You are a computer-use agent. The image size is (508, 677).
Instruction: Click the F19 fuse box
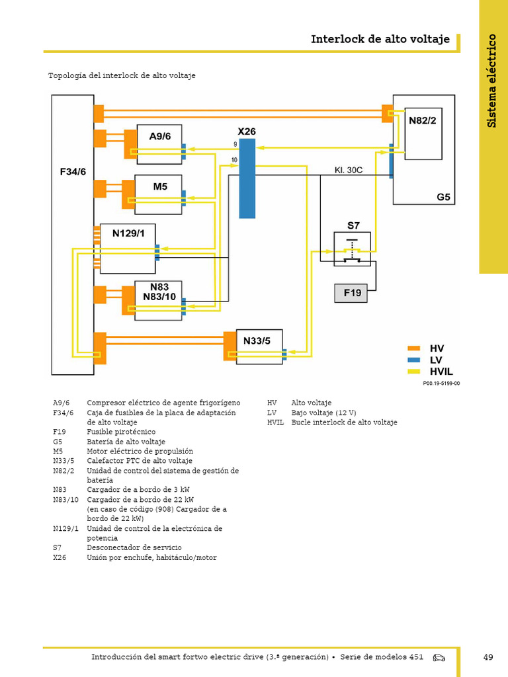(x=351, y=293)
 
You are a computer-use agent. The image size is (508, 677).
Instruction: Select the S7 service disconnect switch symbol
(x=352, y=249)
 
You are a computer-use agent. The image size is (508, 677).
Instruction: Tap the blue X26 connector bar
(x=247, y=179)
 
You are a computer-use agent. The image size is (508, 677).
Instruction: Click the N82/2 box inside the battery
(x=423, y=134)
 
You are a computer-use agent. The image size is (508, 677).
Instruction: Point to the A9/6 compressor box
(x=159, y=144)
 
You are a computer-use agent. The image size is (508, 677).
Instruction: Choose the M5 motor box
(x=158, y=194)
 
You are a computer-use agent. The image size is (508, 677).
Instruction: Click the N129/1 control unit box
(x=128, y=249)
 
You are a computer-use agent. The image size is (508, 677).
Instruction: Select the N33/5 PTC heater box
(x=259, y=346)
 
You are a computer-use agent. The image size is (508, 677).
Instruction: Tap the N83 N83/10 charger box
(x=158, y=301)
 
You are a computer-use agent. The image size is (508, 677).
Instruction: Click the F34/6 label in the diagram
(x=73, y=172)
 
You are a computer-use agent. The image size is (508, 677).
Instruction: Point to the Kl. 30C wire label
(x=348, y=170)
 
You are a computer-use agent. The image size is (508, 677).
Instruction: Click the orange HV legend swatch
(x=414, y=348)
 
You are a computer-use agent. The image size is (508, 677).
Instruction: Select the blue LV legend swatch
(x=414, y=360)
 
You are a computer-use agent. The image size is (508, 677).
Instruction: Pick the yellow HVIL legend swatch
(x=414, y=372)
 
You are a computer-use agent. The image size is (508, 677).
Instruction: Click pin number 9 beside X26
(x=235, y=144)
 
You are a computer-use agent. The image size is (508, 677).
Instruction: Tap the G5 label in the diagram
(x=443, y=197)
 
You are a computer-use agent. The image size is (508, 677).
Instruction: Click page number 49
(x=488, y=657)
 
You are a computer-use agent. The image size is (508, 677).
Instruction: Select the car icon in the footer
(x=439, y=658)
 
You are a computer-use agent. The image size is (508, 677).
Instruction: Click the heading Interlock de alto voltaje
(x=380, y=39)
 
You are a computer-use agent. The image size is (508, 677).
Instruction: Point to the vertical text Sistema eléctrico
(x=491, y=81)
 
